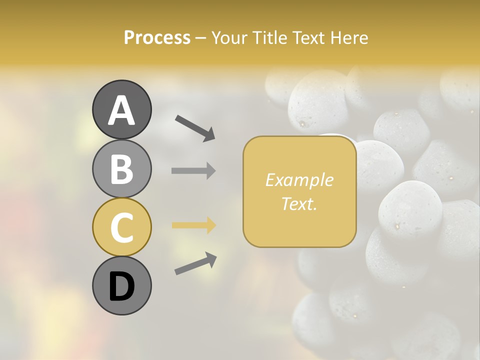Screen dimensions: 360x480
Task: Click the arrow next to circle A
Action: [195, 127]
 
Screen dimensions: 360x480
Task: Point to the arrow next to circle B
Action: [193, 170]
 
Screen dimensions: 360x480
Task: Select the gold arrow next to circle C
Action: [193, 225]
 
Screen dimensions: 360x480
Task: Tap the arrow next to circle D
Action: [195, 263]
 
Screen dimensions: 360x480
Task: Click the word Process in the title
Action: [157, 37]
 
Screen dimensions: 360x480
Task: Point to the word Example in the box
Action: [299, 180]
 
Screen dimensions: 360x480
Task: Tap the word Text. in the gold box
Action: [299, 203]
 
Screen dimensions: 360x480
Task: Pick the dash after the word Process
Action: [201, 38]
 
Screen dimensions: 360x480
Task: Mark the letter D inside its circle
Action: [121, 286]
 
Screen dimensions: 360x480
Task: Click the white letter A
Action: [121, 110]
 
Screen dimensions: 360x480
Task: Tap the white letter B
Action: [121, 168]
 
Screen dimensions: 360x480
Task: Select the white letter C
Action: [121, 227]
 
